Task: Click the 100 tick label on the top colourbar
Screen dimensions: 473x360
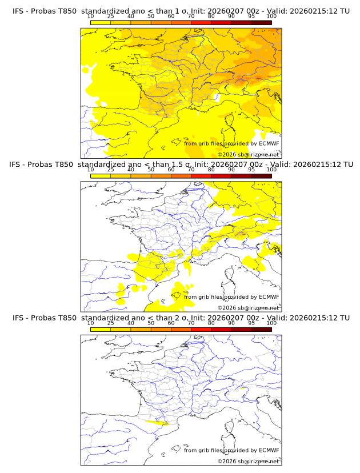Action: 271,17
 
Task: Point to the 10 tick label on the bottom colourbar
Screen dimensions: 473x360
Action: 90,323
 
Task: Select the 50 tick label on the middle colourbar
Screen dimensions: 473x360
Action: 151,170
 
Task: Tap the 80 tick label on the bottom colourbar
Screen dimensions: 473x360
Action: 211,323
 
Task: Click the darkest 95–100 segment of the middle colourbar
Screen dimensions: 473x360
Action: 261,176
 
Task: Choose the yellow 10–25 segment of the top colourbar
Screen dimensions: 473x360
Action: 101,22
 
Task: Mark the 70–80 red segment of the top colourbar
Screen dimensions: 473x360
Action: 201,22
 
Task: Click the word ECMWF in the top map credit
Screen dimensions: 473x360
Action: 269,143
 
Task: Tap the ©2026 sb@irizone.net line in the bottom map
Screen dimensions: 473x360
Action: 248,461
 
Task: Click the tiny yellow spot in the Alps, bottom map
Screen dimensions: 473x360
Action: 242,388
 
